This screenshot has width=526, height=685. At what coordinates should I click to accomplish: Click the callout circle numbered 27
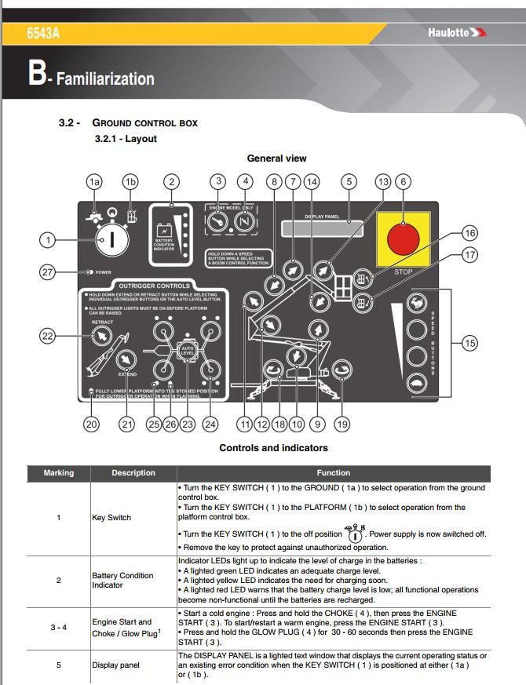pyautogui.click(x=49, y=272)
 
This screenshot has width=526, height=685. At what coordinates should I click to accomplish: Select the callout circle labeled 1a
pyautogui.click(x=95, y=181)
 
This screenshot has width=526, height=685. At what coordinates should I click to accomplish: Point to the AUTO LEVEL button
pyautogui.click(x=187, y=350)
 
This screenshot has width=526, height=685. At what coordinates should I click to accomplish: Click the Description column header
pyautogui.click(x=133, y=473)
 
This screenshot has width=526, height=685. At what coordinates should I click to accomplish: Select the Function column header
pyautogui.click(x=333, y=473)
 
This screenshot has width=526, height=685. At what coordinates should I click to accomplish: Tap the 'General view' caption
pyautogui.click(x=276, y=158)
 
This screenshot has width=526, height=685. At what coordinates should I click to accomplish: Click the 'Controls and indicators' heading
pyautogui.click(x=273, y=448)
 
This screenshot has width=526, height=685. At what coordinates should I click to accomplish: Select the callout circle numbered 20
pyautogui.click(x=93, y=424)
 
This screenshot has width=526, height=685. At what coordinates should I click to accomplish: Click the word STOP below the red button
pyautogui.click(x=404, y=272)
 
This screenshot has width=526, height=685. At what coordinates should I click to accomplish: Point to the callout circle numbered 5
pyautogui.click(x=349, y=181)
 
